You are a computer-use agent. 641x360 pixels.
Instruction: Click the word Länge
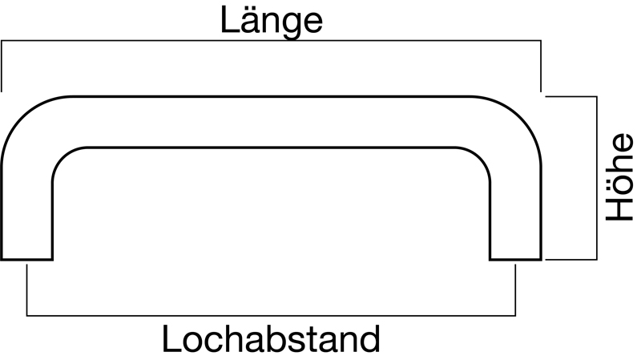272,22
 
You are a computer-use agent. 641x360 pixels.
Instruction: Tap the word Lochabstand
271,339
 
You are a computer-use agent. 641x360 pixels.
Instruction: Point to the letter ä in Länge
246,22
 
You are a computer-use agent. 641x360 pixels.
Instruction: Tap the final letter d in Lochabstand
368,339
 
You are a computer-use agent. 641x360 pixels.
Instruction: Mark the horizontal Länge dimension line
271,40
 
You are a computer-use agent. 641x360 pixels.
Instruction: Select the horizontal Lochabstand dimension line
271,315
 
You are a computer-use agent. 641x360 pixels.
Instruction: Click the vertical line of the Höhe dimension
597,177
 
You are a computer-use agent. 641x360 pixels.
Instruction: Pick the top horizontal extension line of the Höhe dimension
571,96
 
